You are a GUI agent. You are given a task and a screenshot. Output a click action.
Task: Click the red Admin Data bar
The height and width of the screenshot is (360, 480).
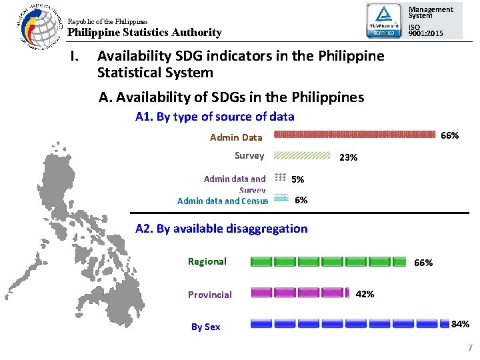coord(357,133)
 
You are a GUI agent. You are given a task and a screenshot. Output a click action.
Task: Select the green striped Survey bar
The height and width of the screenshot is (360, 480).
coord(303,155)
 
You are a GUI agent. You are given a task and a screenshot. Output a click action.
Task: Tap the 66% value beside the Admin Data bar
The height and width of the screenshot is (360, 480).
coord(450,135)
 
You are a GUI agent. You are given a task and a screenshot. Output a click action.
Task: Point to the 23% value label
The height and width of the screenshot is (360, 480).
coord(349,158)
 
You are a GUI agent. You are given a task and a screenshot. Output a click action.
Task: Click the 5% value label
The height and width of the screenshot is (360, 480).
coord(298,179)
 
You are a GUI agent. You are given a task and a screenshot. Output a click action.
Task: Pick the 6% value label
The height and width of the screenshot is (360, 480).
coord(301,200)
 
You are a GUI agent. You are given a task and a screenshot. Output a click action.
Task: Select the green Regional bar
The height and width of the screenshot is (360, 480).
coord(328,261)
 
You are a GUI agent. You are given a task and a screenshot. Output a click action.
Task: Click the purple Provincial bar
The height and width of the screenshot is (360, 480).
coord(300,292)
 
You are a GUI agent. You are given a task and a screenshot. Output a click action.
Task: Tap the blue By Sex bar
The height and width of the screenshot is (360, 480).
coord(349,323)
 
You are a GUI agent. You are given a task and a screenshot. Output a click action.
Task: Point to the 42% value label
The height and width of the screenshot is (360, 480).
coord(365,294)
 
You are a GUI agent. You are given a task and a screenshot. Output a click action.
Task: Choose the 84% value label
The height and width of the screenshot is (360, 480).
coord(460,325)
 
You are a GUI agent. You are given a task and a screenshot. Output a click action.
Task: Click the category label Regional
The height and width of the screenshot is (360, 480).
coord(207,261)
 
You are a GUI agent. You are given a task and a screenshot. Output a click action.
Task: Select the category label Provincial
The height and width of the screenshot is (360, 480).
coord(209,295)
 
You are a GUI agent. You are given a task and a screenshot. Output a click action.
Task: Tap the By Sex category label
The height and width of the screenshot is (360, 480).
coord(205,327)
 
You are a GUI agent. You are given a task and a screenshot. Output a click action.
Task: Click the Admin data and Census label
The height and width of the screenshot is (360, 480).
coord(223,201)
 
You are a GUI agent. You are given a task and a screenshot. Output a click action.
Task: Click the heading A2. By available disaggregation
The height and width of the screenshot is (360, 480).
coord(221,229)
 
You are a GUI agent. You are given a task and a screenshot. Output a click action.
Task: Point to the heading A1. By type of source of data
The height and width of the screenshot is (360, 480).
coord(214,117)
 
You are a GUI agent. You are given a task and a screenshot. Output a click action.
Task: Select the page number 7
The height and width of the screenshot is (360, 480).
coord(469,347)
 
